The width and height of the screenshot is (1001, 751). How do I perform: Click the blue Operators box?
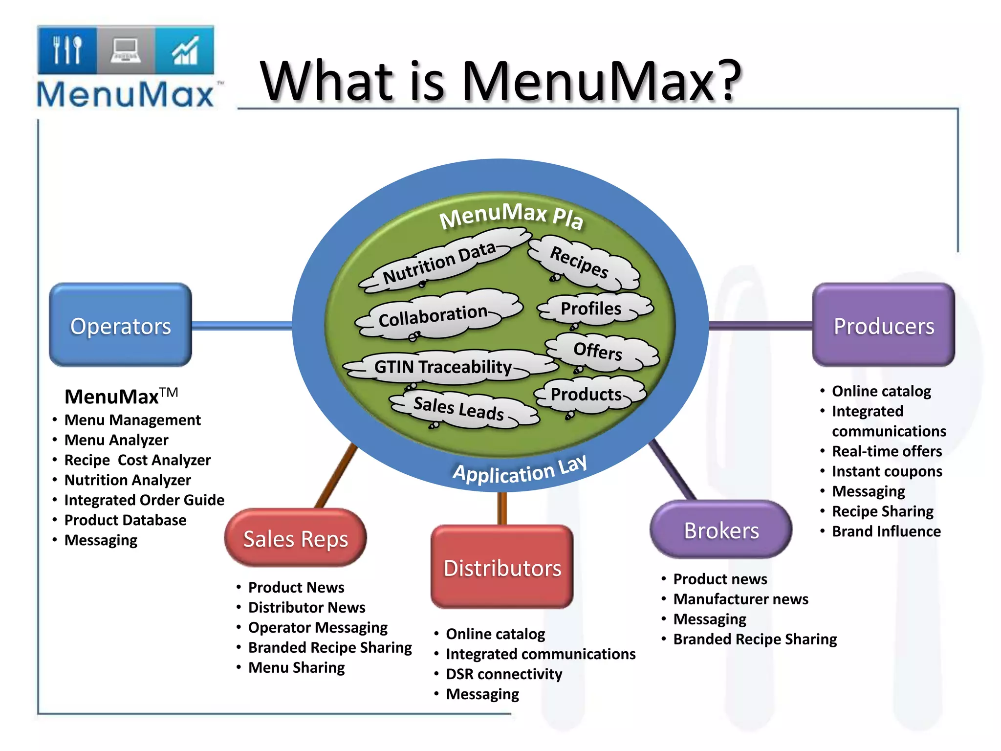click(120, 325)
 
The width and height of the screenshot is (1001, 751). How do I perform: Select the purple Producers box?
click(883, 325)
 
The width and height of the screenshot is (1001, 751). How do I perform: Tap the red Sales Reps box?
click(295, 538)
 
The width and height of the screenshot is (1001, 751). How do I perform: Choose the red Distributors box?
click(502, 567)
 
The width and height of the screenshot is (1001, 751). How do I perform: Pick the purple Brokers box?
click(721, 530)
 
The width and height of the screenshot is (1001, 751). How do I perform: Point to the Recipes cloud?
click(582, 264)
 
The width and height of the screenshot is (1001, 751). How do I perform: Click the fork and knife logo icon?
click(67, 50)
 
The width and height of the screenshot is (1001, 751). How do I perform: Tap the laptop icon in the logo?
click(126, 50)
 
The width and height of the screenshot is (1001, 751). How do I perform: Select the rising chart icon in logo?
click(185, 50)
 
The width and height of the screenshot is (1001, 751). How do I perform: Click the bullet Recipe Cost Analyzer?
click(137, 460)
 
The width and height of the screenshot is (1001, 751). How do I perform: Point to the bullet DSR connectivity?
click(504, 674)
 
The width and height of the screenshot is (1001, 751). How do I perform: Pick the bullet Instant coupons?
click(887, 471)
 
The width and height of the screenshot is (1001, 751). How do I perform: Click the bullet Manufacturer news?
click(740, 599)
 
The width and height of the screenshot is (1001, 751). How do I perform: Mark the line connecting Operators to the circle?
click(242, 326)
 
